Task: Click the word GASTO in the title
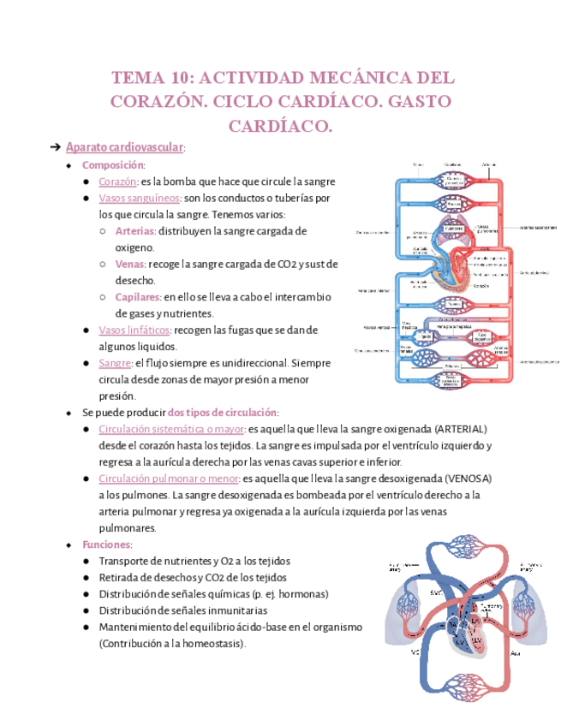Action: (409, 102)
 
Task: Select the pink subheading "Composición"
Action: (113, 165)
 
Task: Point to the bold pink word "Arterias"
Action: (135, 231)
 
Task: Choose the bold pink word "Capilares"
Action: (139, 297)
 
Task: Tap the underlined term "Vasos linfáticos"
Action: (134, 330)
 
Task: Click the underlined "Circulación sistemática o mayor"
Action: (171, 429)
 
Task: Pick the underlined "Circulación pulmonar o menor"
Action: (168, 479)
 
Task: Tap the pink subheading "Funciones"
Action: (106, 544)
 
